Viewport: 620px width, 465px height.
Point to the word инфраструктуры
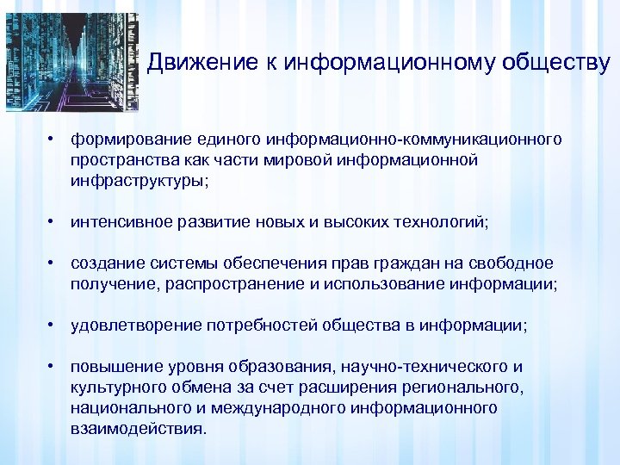pos(138,181)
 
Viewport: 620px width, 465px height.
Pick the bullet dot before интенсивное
pos(53,221)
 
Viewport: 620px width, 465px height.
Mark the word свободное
pos(516,263)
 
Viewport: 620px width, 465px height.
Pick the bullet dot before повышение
pos(53,366)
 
